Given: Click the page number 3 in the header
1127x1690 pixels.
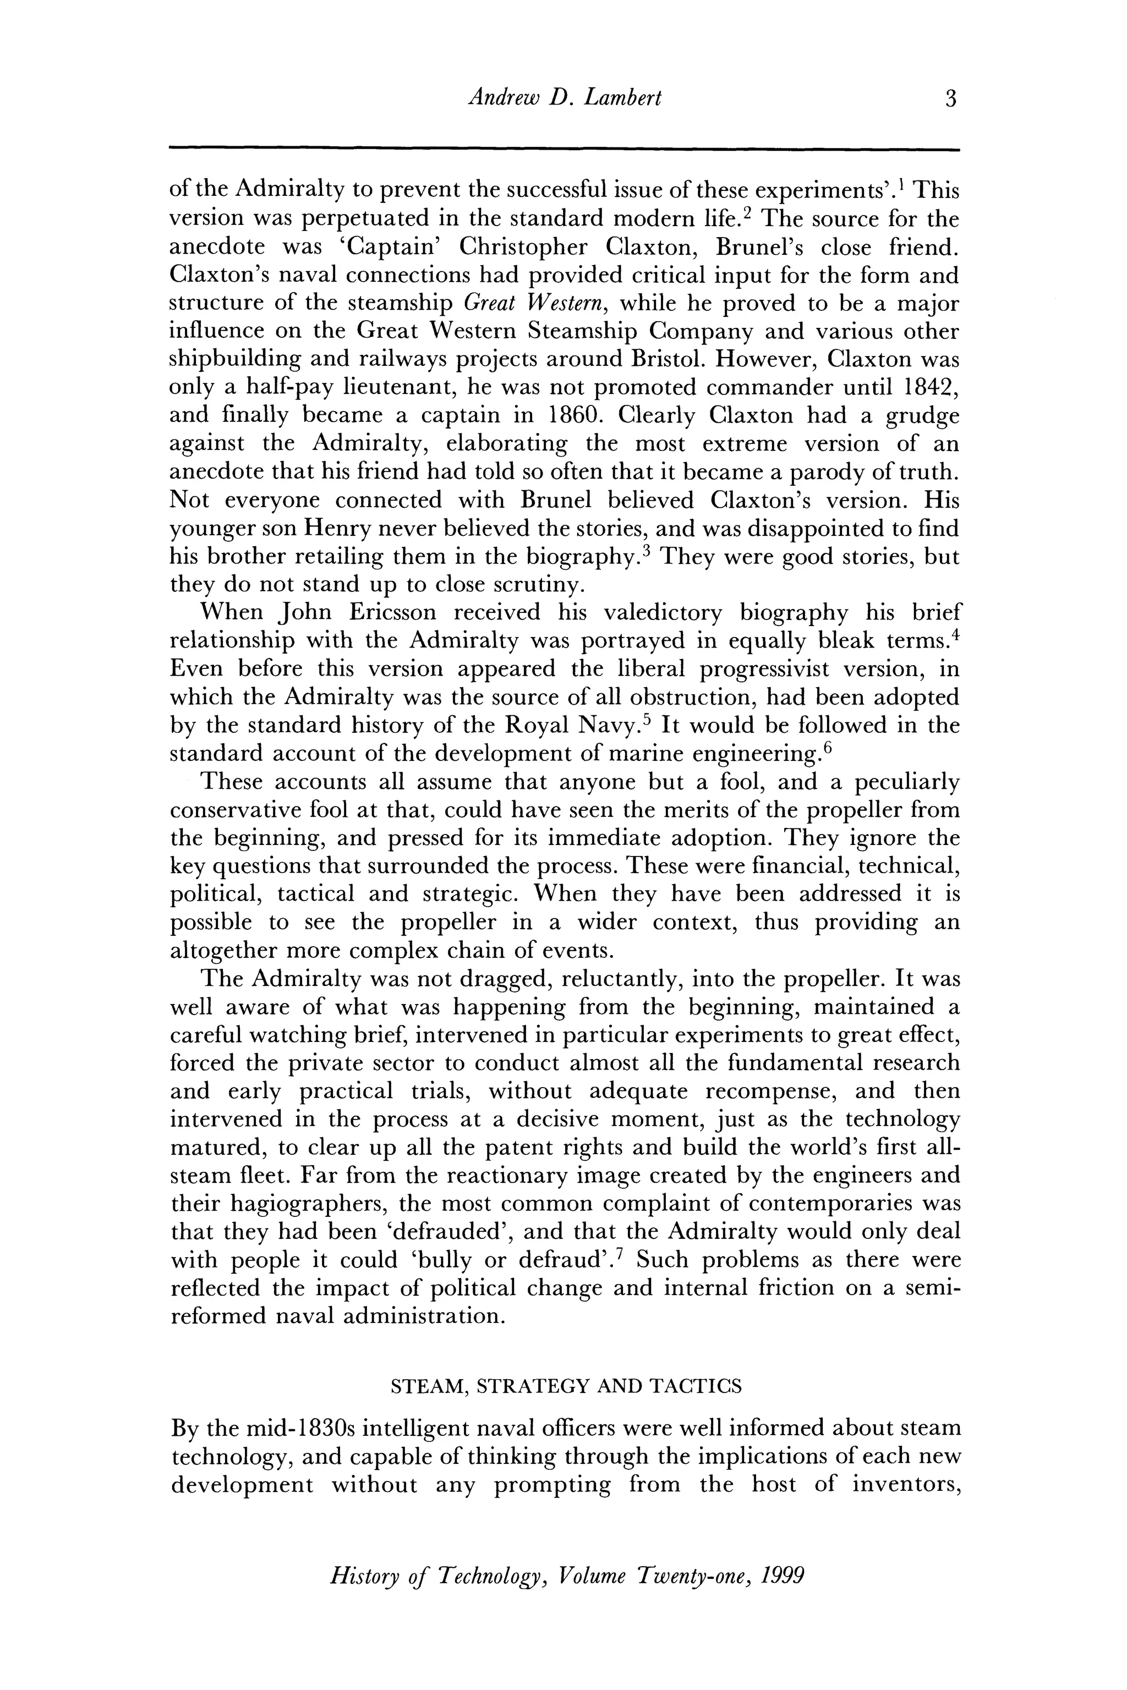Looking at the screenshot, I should click(951, 98).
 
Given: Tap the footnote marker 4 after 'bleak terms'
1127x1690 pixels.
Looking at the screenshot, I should click(955, 634).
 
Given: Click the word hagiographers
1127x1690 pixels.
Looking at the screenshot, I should click(277, 1204).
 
